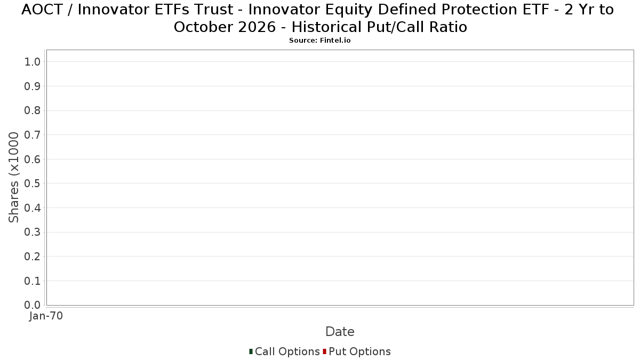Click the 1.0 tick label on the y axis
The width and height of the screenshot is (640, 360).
[x=33, y=62]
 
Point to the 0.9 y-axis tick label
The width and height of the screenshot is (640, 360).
[x=33, y=86]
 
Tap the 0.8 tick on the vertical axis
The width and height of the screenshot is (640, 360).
[x=33, y=110]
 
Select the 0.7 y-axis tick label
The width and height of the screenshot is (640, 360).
[x=33, y=134]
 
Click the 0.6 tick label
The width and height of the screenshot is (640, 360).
[x=33, y=159]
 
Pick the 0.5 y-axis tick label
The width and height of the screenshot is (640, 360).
[x=33, y=183]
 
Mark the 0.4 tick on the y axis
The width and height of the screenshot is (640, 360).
[x=33, y=207]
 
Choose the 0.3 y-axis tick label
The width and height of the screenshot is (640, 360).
[x=33, y=232]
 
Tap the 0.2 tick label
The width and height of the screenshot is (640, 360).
[x=33, y=257]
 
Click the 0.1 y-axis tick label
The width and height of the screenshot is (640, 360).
[x=33, y=281]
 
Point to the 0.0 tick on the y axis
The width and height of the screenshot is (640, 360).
[x=33, y=305]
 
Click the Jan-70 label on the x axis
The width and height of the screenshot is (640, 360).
[x=46, y=316]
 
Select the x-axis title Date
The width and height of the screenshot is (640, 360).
[x=340, y=332]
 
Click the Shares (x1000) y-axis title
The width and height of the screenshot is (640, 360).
[x=13, y=177]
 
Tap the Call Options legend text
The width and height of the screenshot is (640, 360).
[x=287, y=351]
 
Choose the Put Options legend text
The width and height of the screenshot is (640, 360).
[x=359, y=351]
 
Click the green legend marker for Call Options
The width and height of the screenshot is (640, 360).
[x=251, y=351]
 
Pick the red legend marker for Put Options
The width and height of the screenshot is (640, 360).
[x=325, y=351]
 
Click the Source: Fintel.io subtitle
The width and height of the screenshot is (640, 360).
[x=319, y=41]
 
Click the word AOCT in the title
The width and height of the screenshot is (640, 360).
[x=42, y=10]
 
